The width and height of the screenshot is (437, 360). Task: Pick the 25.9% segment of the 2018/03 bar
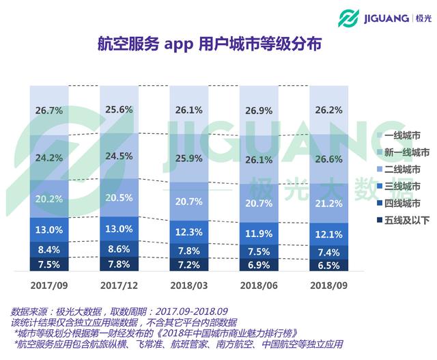(x=188, y=158)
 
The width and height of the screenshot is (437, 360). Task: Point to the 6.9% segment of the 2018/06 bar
(x=259, y=264)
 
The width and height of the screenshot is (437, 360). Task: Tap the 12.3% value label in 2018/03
(x=188, y=233)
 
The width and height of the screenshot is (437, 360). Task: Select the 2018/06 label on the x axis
(x=259, y=282)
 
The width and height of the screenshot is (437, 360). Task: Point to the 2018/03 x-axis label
(x=188, y=282)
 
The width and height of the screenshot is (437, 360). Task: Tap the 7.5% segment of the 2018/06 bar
(x=259, y=250)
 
